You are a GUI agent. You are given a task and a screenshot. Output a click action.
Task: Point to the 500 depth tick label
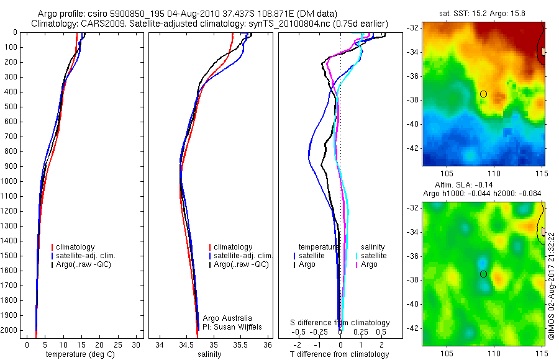pos(11,107)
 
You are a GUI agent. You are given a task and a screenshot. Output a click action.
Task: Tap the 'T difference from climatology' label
pos(340,354)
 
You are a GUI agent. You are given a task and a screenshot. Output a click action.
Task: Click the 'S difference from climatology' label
pos(340,323)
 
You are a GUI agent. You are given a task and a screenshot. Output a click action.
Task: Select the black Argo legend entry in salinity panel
pos(239,264)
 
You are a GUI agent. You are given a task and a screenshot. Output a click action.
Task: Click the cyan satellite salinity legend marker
pos(357,256)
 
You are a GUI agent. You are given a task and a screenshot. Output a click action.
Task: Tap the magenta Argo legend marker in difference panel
pos(357,264)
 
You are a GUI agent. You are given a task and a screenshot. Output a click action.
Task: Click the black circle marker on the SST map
pos(483,94)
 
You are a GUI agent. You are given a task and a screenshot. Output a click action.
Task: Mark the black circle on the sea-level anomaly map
pos(483,274)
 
